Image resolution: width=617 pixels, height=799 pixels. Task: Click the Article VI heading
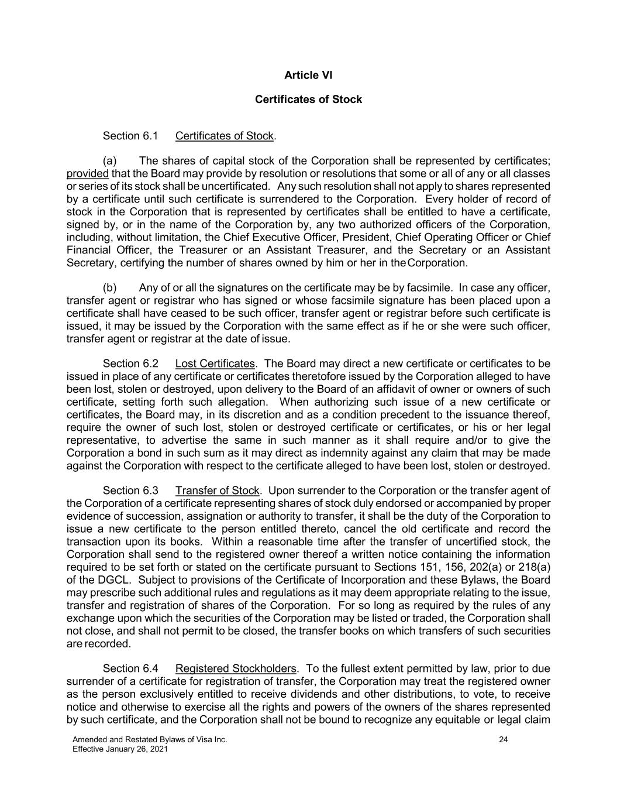click(308, 75)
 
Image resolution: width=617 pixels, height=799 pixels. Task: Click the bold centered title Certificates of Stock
click(308, 100)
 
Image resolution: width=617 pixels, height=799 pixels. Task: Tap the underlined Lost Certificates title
click(215, 364)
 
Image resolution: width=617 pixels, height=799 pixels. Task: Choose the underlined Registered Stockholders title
click(235, 668)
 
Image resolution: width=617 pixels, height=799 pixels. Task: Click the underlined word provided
click(88, 174)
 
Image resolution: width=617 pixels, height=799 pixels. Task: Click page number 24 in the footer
click(504, 740)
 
